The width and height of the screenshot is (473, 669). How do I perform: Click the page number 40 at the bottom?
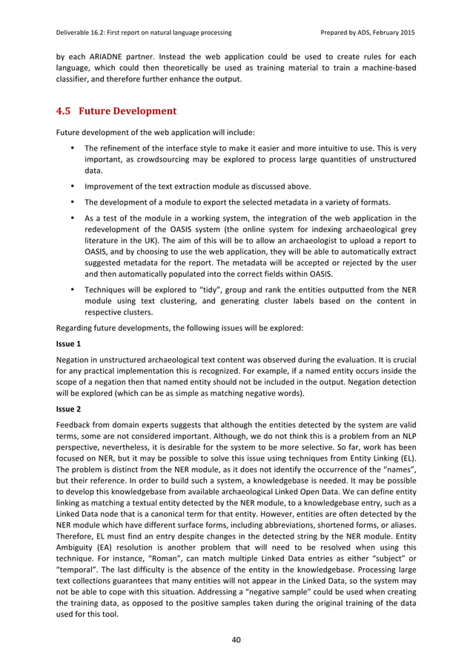[236, 640]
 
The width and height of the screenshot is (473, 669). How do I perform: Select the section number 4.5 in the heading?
[64, 111]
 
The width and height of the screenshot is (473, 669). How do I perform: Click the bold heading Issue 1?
[69, 344]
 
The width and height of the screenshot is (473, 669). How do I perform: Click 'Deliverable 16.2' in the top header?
[85, 33]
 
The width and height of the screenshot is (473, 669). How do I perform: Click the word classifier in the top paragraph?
[73, 79]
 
